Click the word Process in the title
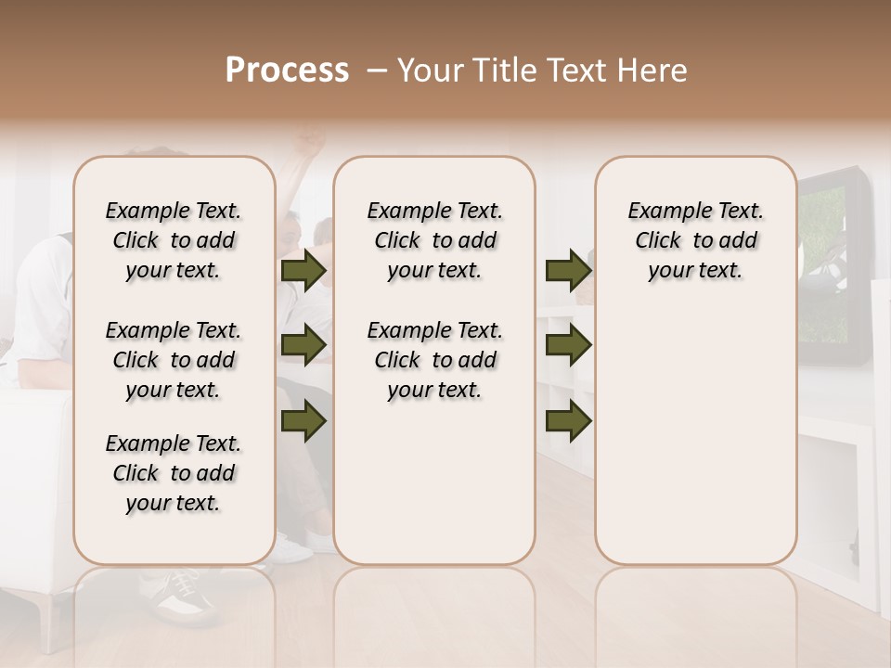287,71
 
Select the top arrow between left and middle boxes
303,271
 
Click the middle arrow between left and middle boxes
303,346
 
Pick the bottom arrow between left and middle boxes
303,421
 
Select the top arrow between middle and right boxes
568,271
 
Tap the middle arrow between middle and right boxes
568,346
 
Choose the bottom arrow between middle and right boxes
568,421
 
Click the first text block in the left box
174,240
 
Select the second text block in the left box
174,360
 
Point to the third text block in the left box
174,473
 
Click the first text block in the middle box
435,240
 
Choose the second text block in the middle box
435,360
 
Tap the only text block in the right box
696,240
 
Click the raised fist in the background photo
311,144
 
